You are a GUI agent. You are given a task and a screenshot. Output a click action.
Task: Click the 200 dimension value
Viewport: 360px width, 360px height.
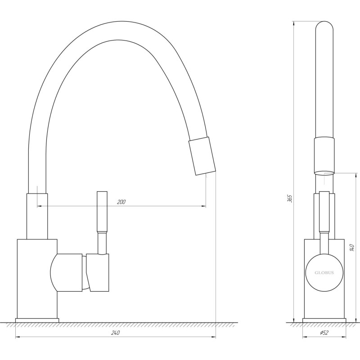[121, 202]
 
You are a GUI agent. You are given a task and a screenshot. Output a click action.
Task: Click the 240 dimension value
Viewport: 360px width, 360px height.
[115, 333]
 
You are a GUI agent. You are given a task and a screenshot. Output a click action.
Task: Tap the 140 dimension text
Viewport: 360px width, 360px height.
[352, 247]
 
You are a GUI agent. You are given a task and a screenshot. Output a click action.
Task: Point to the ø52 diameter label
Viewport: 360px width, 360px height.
[324, 333]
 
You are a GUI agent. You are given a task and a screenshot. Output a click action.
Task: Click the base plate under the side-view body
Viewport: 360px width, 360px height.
[37, 320]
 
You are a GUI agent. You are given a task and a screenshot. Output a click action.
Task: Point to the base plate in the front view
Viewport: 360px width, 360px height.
[324, 320]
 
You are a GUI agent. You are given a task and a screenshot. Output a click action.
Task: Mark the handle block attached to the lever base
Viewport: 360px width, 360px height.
[99, 272]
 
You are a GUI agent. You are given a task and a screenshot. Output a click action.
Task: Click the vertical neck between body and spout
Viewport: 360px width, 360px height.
[37, 216]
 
